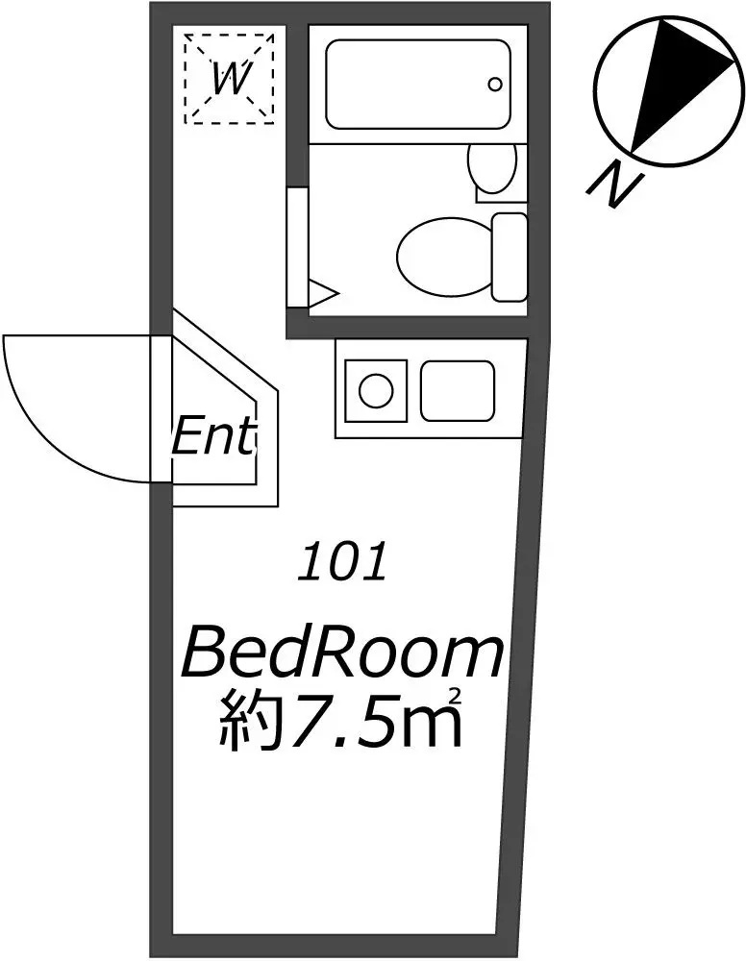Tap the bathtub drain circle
point(495,84)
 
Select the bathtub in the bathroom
point(418,84)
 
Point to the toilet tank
point(510,258)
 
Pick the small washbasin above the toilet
point(491,166)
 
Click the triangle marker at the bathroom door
point(322,294)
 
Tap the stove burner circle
point(376,390)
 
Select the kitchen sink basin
point(458,391)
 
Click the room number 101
point(342,561)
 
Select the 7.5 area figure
point(342,722)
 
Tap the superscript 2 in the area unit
point(455,697)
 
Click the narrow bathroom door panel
point(298,248)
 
